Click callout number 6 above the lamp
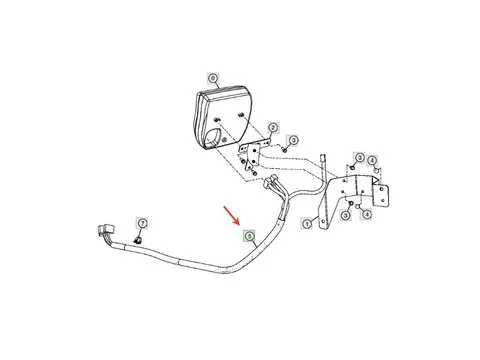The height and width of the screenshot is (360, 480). [212, 76]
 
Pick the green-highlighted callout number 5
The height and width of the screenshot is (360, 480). [251, 237]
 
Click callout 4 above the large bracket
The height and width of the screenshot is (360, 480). [371, 160]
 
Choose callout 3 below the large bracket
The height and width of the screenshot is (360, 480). [345, 213]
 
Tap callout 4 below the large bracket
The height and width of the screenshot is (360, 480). [366, 213]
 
